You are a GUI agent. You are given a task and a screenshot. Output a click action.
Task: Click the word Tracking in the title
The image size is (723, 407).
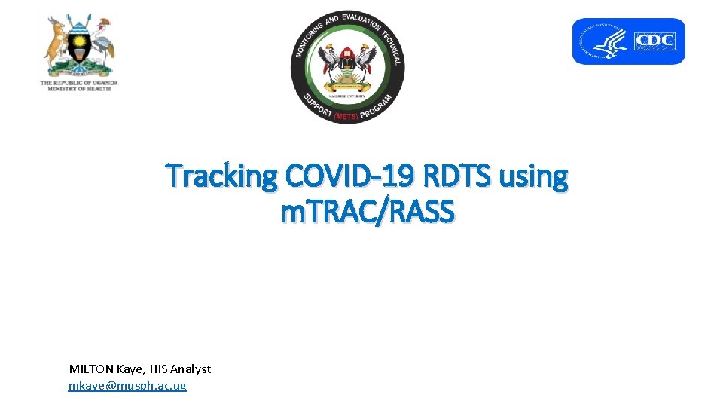click(222, 176)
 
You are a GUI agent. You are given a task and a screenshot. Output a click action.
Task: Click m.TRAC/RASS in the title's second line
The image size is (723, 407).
click(368, 213)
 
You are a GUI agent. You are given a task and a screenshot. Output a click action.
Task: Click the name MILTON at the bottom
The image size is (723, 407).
click(90, 369)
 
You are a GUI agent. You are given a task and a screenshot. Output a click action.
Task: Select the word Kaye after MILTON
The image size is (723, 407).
click(130, 369)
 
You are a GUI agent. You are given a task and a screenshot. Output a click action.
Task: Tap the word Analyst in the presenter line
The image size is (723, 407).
click(191, 369)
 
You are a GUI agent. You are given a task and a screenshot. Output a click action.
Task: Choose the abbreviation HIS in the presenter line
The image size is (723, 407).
click(159, 369)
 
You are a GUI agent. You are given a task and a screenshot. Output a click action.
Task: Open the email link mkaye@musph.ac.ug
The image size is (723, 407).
click(127, 386)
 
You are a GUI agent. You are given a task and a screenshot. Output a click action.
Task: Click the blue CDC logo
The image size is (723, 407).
click(628, 41)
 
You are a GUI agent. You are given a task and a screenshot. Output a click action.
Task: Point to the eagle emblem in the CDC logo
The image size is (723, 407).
click(607, 41)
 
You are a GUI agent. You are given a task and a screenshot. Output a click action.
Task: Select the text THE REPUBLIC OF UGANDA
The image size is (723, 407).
click(79, 83)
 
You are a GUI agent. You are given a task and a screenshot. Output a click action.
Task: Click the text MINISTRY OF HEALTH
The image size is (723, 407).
click(79, 89)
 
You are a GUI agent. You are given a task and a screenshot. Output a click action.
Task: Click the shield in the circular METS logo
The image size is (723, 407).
click(347, 63)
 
